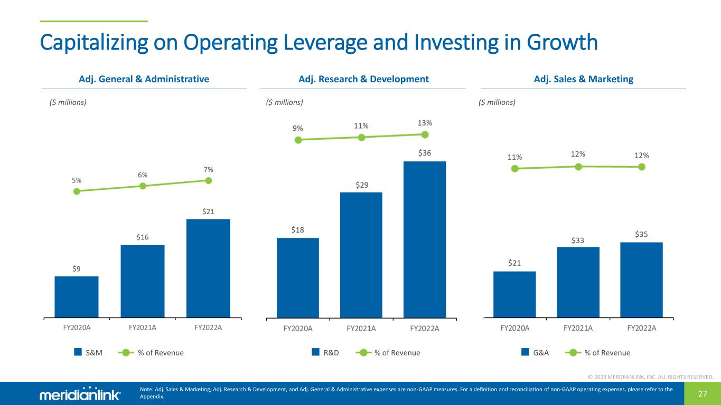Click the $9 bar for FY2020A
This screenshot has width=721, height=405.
pos(77,297)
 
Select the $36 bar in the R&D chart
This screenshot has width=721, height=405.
pos(425,239)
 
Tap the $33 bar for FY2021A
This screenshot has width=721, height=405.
pos(578,282)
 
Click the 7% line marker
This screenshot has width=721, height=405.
pos(209,180)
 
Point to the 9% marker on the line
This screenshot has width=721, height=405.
pos(298,140)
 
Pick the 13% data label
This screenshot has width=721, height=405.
pos(425,122)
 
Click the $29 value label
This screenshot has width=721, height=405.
pos(361,185)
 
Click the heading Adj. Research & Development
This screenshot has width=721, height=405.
pos(363,79)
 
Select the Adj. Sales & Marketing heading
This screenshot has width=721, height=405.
pos(583,79)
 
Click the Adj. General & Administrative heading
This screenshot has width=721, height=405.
pos(144,79)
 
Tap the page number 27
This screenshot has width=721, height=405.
pos(703,393)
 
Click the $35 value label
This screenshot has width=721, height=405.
pos(641,234)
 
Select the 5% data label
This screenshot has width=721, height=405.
pos(77,180)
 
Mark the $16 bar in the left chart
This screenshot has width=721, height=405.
pos(143,282)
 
